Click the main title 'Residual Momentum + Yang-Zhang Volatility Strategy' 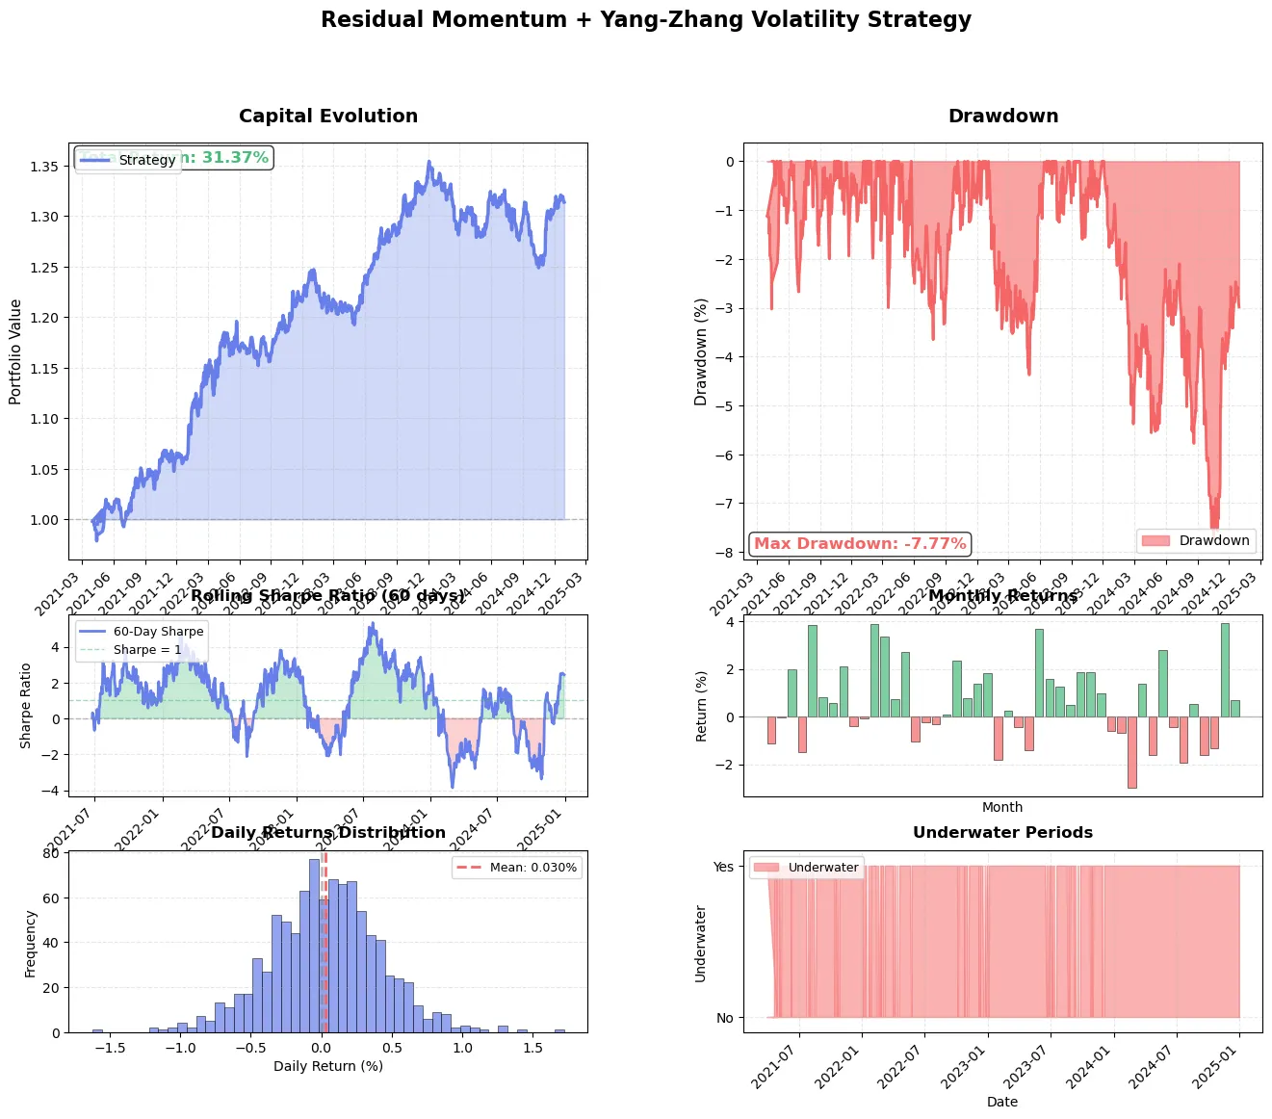[x=645, y=20]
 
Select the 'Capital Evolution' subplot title [x=328, y=117]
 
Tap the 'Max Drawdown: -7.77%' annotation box [x=859, y=544]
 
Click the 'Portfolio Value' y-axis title [x=15, y=351]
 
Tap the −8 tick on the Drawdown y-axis [x=728, y=553]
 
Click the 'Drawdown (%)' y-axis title [x=701, y=351]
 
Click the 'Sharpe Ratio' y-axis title [x=25, y=706]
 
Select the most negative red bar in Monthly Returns [x=1131, y=752]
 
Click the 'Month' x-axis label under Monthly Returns [x=1002, y=808]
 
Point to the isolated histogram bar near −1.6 [x=97, y=1030]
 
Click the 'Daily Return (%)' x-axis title [x=328, y=1066]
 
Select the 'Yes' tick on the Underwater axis [x=723, y=867]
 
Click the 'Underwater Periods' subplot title [x=1002, y=833]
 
